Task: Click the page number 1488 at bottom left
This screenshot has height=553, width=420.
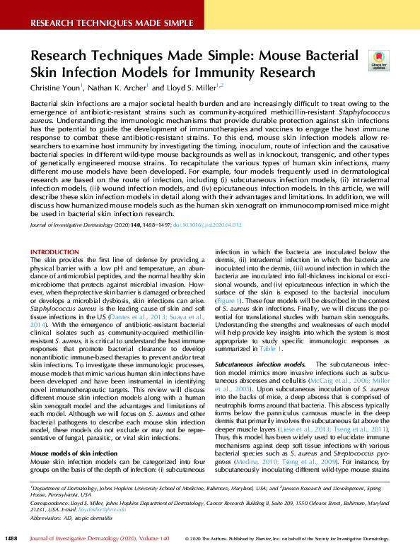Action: coord(11,539)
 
